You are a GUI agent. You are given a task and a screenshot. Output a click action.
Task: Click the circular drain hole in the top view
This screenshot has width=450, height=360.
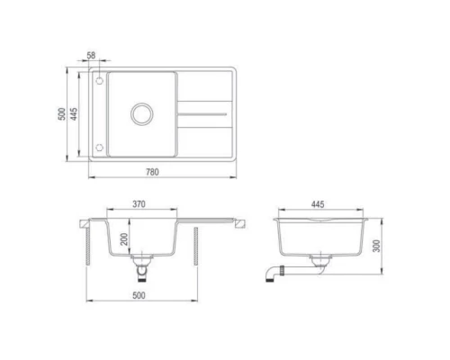pyautogui.click(x=141, y=113)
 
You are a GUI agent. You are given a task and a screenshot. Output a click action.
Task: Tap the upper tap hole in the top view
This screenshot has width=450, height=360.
pyautogui.click(x=98, y=81)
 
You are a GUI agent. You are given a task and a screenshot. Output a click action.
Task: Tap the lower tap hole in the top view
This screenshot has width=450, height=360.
pyautogui.click(x=98, y=147)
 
